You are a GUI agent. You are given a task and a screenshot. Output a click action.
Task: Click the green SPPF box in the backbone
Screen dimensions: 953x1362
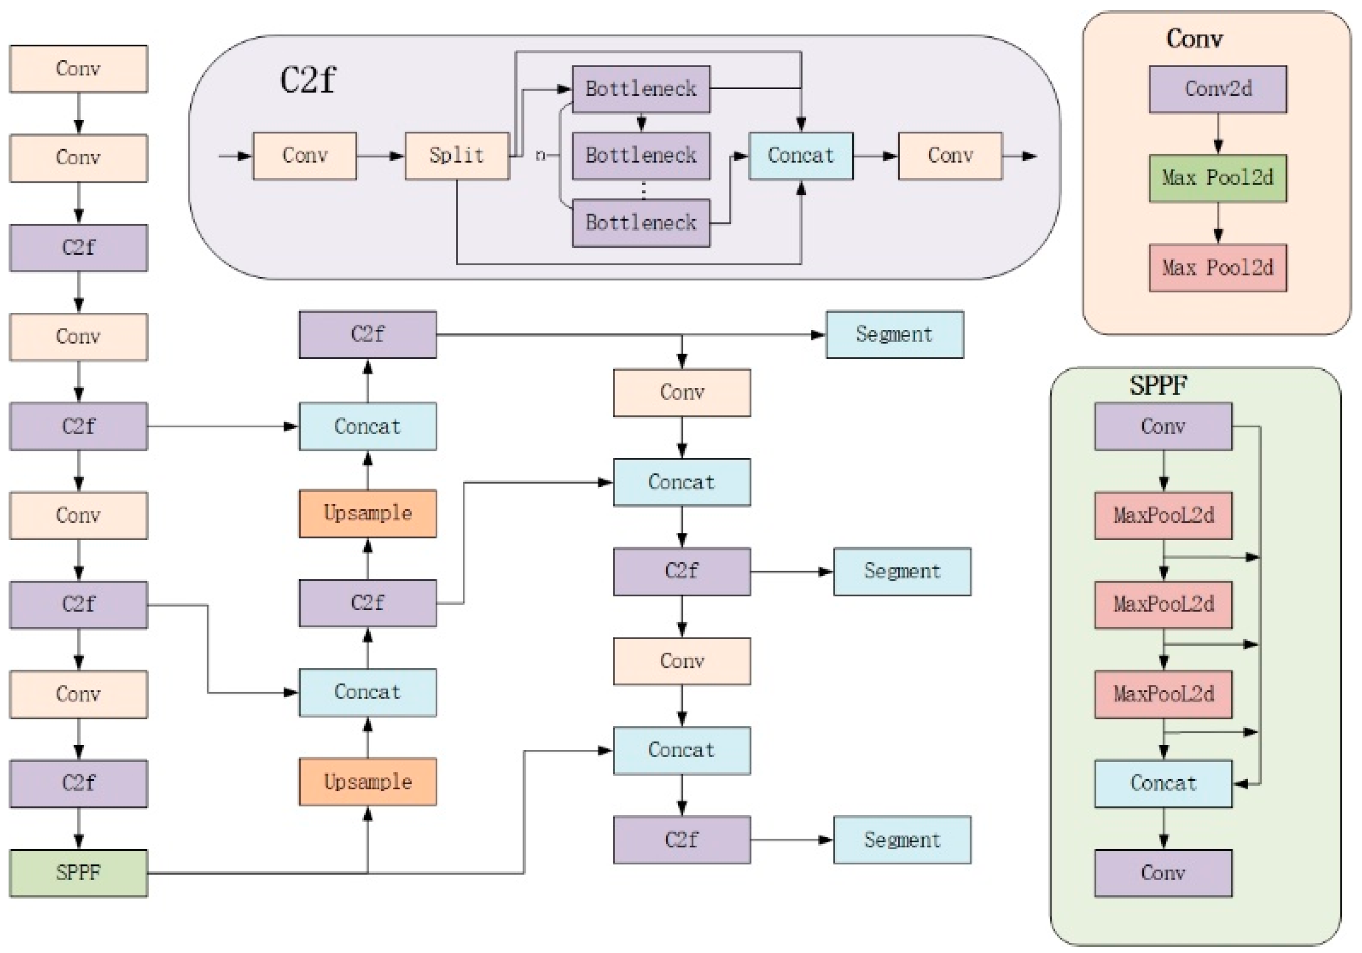[x=78, y=872]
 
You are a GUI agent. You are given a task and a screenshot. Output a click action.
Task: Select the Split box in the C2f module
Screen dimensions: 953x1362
[x=457, y=155]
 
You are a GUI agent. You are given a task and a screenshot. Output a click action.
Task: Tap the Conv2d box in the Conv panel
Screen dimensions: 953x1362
[x=1217, y=89]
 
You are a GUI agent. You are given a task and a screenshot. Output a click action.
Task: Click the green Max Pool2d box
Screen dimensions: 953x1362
[x=1217, y=178]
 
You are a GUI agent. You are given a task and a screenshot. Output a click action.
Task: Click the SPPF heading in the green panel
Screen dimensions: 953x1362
[x=1157, y=385]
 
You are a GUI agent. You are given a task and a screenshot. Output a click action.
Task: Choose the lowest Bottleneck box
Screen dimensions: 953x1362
[x=641, y=223]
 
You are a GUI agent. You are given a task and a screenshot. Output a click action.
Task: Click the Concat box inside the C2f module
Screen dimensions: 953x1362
[x=800, y=155]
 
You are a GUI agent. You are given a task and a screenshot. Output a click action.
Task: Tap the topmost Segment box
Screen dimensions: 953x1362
[x=894, y=334]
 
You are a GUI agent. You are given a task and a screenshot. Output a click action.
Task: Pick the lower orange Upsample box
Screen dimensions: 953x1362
[x=367, y=781]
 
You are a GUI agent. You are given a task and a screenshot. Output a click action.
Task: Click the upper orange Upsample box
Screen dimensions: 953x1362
[x=367, y=513]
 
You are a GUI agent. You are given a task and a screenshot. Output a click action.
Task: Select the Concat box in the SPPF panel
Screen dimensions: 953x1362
[x=1163, y=783]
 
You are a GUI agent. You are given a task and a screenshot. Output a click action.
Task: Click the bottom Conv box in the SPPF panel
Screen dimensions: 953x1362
[x=1163, y=872]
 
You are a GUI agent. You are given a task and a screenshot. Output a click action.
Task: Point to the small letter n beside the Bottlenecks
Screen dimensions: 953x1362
[x=540, y=155]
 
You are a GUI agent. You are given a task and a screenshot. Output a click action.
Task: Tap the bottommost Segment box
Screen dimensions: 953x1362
[x=902, y=839]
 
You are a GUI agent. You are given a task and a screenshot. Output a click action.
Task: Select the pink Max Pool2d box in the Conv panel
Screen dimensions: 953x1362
[x=1217, y=267]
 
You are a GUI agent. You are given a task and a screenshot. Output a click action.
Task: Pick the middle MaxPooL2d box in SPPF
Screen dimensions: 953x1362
[x=1163, y=604]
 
